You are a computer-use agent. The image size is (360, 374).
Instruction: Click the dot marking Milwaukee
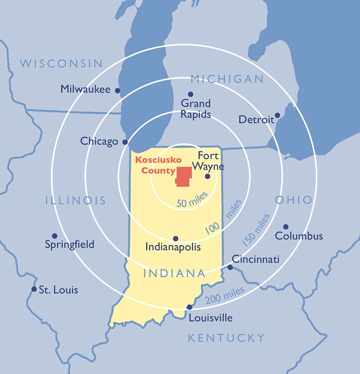point(117,90)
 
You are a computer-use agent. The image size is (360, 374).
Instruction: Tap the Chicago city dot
point(125,142)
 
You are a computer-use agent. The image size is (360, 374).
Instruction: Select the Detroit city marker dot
point(277,115)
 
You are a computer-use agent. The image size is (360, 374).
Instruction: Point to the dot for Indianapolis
point(176,238)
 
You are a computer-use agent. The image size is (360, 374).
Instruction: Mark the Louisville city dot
point(189,307)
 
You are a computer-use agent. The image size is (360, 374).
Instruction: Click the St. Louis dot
point(34,289)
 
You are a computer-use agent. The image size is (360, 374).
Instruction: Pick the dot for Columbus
point(286,227)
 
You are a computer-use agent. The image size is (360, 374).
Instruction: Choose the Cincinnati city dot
point(230,267)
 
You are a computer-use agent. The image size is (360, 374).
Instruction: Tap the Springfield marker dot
point(54,236)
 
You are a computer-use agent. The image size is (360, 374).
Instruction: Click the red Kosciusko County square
point(184,176)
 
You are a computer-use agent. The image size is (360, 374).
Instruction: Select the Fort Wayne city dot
point(207,176)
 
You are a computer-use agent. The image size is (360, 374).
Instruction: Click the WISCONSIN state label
point(61,63)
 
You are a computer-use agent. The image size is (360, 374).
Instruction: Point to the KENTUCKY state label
point(226,338)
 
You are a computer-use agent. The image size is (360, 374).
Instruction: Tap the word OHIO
point(293,200)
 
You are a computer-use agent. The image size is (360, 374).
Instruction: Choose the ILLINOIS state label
point(76,201)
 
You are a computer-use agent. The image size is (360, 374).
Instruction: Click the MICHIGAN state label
point(227,79)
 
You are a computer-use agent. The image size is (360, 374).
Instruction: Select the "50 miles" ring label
point(192,200)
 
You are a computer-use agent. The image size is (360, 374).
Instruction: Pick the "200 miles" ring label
point(225,295)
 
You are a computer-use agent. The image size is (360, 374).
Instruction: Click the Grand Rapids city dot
point(190,94)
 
